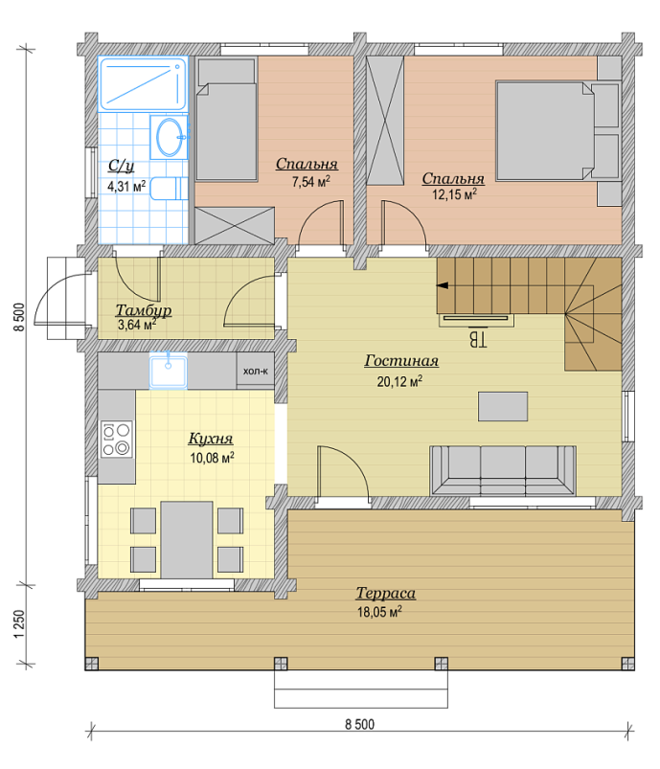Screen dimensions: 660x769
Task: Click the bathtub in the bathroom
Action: click(143, 83)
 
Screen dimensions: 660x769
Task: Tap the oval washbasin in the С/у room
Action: click(170, 137)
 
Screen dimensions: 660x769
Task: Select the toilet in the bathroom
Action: click(169, 189)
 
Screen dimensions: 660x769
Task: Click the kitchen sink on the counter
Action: click(168, 372)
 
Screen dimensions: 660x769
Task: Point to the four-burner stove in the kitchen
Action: click(116, 440)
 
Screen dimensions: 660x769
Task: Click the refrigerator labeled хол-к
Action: click(255, 371)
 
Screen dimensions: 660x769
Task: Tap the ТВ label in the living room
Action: click(478, 339)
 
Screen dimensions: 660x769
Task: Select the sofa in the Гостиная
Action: click(503, 471)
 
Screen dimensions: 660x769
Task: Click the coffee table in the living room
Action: click(503, 406)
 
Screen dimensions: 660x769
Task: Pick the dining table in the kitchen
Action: click(187, 539)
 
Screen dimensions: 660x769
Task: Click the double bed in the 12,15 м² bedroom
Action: click(545, 131)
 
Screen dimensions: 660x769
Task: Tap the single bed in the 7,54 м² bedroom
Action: click(227, 120)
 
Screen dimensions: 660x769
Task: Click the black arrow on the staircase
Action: click(443, 285)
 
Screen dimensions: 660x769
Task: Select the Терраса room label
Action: click(386, 594)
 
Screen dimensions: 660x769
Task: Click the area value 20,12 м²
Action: click(399, 381)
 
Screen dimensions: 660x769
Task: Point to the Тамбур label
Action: click(144, 310)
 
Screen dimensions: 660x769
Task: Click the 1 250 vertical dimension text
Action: click(18, 623)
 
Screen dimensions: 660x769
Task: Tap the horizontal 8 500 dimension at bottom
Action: click(359, 724)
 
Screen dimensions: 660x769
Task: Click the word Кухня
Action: click(211, 438)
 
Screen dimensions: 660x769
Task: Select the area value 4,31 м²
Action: click(126, 187)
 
